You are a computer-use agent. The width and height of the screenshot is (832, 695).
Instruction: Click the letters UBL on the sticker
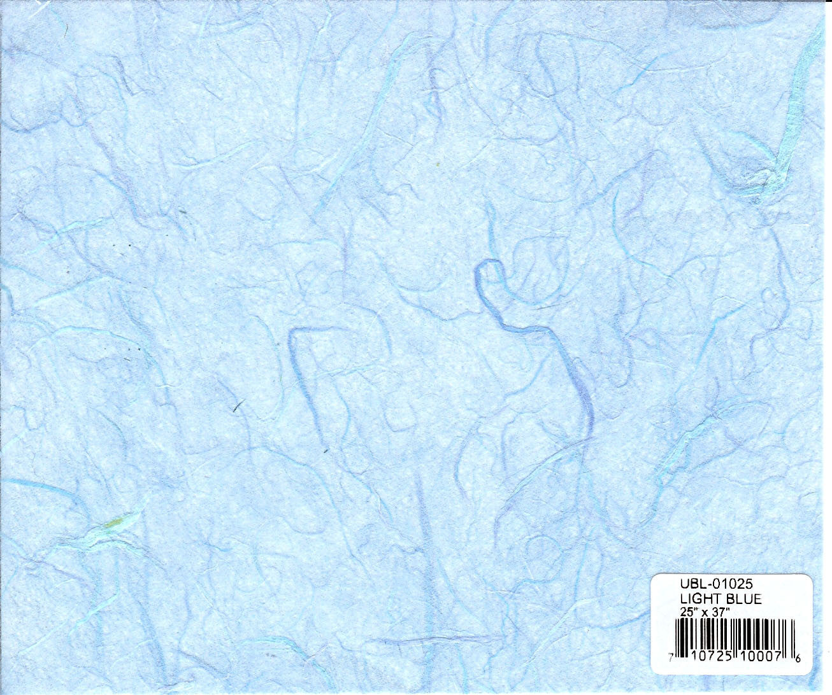[690, 583]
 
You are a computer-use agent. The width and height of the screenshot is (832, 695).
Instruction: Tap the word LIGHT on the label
[700, 599]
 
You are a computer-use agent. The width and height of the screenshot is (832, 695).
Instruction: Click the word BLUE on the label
[743, 599]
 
